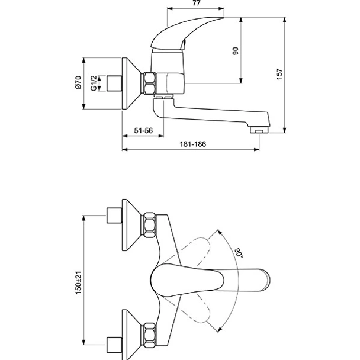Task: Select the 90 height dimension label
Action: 235,51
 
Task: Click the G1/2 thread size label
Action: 94,83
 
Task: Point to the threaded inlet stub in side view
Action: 111,83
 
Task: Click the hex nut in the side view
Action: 149,83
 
